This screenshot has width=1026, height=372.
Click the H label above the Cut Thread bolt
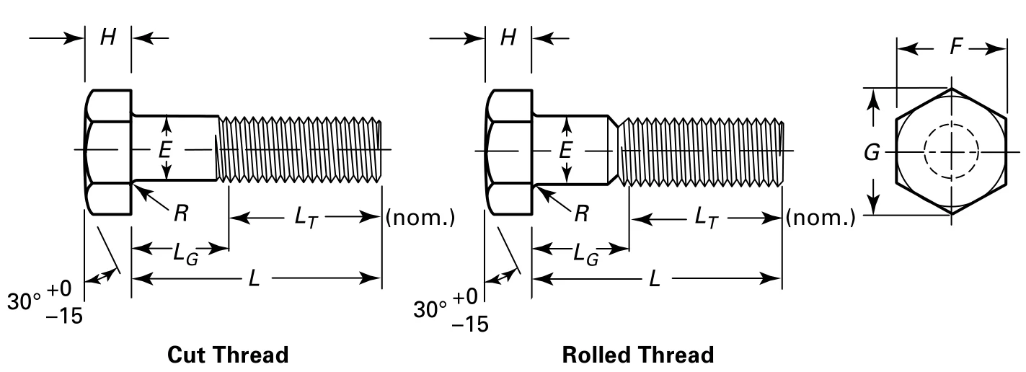[108, 38]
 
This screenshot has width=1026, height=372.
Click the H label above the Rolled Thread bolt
[509, 38]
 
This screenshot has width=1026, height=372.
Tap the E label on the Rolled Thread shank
[567, 150]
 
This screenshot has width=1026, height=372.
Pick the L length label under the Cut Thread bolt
[254, 278]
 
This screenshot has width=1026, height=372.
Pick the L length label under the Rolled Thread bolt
[655, 278]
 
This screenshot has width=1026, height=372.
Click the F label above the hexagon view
[956, 48]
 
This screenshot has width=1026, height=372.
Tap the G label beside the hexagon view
[872, 153]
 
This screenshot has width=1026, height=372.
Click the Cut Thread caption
[228, 355]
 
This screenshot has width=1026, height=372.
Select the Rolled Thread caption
[638, 355]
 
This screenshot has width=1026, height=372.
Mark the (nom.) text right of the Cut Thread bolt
[420, 217]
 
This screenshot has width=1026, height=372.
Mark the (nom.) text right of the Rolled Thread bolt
[821, 217]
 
